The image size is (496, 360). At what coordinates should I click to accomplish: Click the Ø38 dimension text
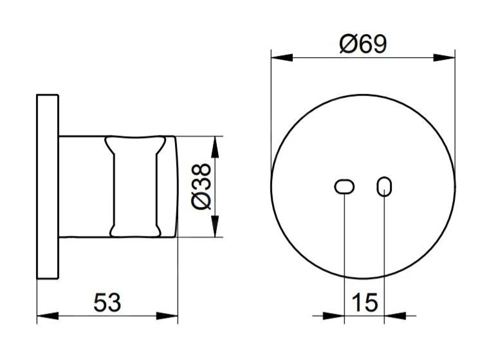201,186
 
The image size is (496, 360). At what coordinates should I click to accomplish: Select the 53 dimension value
107,301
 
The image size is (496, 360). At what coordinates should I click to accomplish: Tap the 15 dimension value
365,301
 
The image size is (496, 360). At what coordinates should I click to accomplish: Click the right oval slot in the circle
384,186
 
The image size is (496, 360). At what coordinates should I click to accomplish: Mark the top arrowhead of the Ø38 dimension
216,145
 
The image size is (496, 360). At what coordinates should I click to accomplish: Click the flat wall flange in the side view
48,186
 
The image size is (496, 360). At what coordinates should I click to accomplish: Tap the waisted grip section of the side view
135,186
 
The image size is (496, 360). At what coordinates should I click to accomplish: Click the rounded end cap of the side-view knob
168,186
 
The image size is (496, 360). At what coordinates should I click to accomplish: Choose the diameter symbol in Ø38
201,202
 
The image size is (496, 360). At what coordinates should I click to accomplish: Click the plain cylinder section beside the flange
84,186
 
